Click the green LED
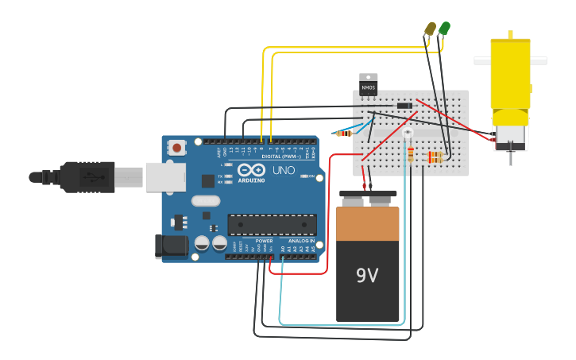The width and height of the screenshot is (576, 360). click(x=444, y=29)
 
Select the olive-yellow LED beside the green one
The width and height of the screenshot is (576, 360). click(x=431, y=29)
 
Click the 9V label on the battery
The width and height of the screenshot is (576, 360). click(x=367, y=276)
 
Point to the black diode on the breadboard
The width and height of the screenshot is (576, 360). click(x=404, y=106)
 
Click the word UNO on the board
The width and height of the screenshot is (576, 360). click(x=284, y=170)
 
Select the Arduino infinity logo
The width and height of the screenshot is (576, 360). click(x=251, y=170)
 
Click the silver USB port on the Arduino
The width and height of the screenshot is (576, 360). click(x=165, y=176)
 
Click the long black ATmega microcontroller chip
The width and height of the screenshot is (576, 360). click(x=272, y=225)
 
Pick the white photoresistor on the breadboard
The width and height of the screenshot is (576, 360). click(x=408, y=133)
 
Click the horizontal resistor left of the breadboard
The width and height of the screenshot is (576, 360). click(x=344, y=133)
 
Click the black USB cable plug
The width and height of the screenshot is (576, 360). click(x=87, y=176)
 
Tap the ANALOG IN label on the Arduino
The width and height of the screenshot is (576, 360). click(x=300, y=241)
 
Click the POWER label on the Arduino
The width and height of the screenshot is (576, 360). click(x=264, y=241)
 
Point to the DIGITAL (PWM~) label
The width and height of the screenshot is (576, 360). click(x=280, y=157)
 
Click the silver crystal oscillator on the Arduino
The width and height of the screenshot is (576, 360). click(x=205, y=201)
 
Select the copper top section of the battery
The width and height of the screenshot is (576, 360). click(x=367, y=223)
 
